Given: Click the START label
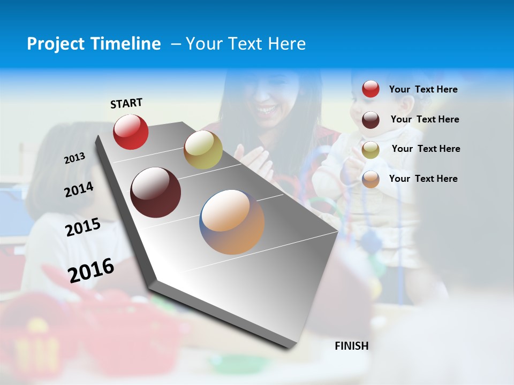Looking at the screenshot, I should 126,103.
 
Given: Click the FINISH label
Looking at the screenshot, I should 352,346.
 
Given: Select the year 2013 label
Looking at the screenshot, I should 75,158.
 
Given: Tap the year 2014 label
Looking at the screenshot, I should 79,189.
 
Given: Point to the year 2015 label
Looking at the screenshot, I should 83,227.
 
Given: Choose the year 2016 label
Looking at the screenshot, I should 91,270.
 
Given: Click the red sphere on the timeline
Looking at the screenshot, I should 131,132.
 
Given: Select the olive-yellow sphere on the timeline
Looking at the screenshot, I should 203,150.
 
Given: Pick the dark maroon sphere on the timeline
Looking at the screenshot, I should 156,192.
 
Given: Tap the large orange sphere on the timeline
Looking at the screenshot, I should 232,222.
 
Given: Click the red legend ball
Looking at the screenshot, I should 371,89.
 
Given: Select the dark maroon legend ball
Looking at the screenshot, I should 371,119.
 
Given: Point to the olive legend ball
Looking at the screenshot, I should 371,149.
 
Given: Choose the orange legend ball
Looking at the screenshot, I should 371,179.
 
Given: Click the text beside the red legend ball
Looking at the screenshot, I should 423,89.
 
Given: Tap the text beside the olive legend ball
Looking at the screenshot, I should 426,149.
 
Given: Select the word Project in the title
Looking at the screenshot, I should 53,44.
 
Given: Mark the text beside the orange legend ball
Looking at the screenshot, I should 423,179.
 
